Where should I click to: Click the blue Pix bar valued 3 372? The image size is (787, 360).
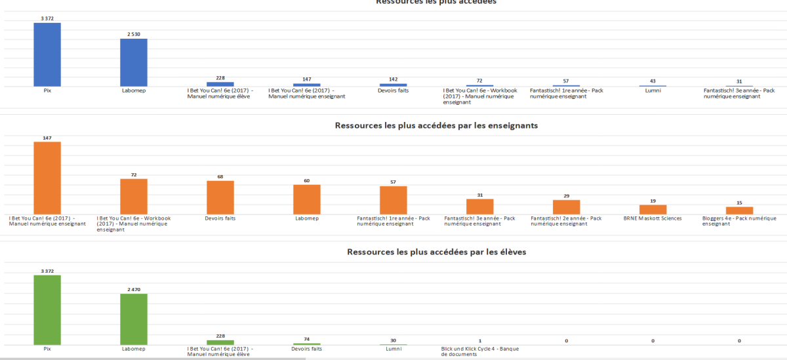pyautogui.click(x=47, y=54)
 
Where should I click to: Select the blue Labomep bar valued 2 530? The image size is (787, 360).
pyautogui.click(x=133, y=62)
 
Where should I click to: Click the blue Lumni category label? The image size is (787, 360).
pyautogui.click(x=653, y=90)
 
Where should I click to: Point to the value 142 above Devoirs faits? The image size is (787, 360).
pyautogui.click(x=393, y=79)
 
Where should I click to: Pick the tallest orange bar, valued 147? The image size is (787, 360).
pyautogui.click(x=47, y=178)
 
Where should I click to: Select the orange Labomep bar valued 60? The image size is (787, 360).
pyautogui.click(x=306, y=199)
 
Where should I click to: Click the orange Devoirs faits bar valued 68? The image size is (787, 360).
pyautogui.click(x=220, y=197)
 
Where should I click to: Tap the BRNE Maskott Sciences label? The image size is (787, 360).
pyautogui.click(x=653, y=218)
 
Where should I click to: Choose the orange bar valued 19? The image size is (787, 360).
pyautogui.click(x=653, y=209)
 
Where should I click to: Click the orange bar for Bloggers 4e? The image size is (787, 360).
pyautogui.click(x=739, y=210)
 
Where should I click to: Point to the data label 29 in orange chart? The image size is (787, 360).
pyautogui.click(x=566, y=196)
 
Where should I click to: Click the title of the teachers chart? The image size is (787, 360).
pyautogui.click(x=436, y=125)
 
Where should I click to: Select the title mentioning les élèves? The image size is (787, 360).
pyautogui.click(x=436, y=251)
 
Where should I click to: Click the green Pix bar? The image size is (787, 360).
pyautogui.click(x=47, y=310)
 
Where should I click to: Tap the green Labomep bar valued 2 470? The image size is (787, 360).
pyautogui.click(x=133, y=319)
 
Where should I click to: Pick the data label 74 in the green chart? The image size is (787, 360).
pyautogui.click(x=306, y=339)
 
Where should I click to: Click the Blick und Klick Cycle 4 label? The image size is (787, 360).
pyautogui.click(x=480, y=352)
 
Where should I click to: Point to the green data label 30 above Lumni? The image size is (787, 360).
pyautogui.click(x=393, y=340)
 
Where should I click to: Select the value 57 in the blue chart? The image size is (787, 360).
pyautogui.click(x=566, y=81)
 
